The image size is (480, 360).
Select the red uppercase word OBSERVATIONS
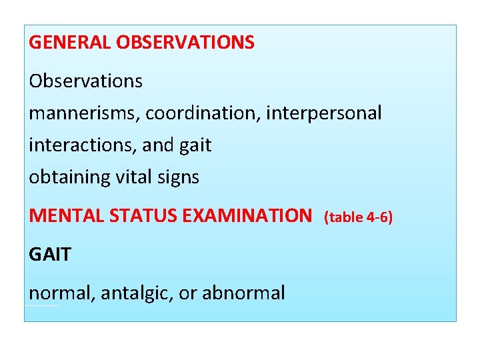coord(185,43)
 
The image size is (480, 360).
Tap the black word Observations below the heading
coord(85,81)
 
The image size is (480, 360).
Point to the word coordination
coord(203,113)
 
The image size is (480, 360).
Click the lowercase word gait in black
coord(194,145)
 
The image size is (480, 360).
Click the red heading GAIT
coord(49,254)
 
